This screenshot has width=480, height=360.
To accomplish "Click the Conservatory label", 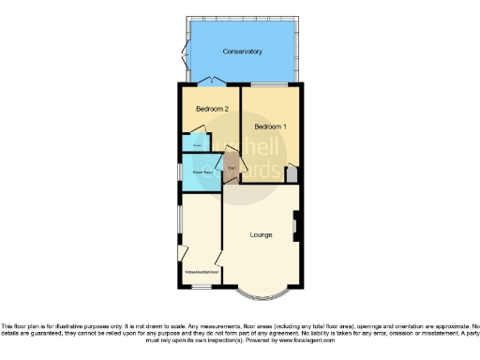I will pyautogui.click(x=241, y=52).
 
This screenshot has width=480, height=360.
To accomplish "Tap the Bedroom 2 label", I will pyautogui.click(x=212, y=110).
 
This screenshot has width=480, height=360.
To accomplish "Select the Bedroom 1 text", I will pyautogui.click(x=271, y=126).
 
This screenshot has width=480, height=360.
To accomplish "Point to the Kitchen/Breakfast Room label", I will pyautogui.click(x=201, y=273).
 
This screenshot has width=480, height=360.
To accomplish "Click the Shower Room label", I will pyautogui.click(x=202, y=172).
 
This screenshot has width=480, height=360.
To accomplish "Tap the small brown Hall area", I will pyautogui.click(x=230, y=170).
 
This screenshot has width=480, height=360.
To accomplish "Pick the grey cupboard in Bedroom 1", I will pyautogui.click(x=292, y=174).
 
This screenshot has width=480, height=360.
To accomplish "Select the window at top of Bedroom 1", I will pyautogui.click(x=271, y=86).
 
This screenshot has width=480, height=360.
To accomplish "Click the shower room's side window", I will pyautogui.click(x=180, y=172).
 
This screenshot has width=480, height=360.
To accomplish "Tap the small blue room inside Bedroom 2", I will pyautogui.click(x=197, y=144).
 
